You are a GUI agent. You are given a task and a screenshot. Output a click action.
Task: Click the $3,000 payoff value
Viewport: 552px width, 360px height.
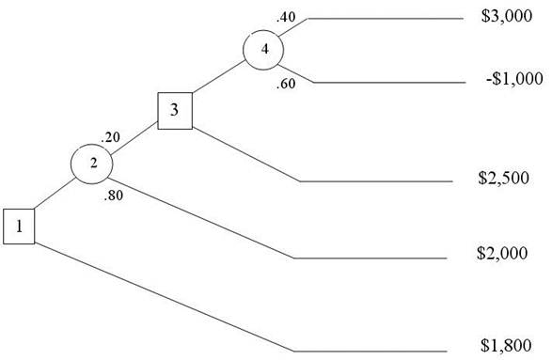click(x=507, y=16)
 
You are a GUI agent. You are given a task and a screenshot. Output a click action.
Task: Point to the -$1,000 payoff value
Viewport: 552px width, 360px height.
click(x=514, y=78)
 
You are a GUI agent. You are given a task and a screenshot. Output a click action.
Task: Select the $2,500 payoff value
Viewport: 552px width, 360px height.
click(x=503, y=178)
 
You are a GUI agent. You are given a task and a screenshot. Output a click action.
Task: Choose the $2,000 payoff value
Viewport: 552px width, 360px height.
click(x=502, y=253)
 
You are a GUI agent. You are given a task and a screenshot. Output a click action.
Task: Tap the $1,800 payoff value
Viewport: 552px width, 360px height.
click(x=506, y=345)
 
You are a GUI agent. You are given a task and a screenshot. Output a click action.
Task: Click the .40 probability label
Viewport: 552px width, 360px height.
click(x=286, y=17)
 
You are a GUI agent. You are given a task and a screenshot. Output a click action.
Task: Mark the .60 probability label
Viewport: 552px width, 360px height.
click(x=286, y=84)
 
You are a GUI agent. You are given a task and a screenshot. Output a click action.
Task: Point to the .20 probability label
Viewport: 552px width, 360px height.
click(x=111, y=137)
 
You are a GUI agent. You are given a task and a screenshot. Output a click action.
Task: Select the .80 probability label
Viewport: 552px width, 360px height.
click(x=114, y=196)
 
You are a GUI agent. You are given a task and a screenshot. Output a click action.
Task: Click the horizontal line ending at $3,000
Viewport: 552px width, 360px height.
click(x=386, y=18)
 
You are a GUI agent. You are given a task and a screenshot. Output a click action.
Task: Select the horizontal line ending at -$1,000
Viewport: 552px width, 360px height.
click(x=389, y=83)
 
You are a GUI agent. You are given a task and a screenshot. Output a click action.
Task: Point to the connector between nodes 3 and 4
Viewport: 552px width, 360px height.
click(x=219, y=77)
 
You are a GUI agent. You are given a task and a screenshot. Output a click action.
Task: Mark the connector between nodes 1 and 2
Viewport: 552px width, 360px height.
click(x=55, y=194)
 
